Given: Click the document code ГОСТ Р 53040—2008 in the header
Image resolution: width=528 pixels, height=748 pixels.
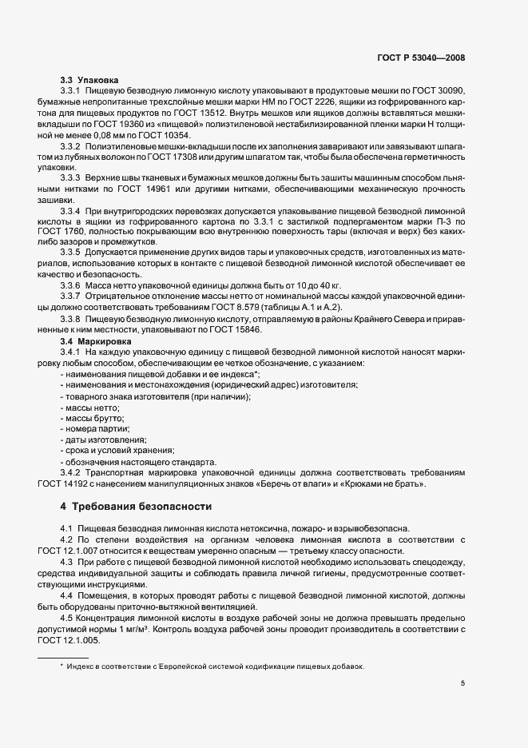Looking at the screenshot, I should coord(420,58).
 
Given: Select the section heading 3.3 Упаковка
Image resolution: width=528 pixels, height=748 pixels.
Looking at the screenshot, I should coord(89,80).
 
